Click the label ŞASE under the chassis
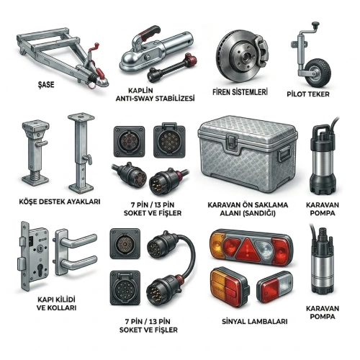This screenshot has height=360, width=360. tap(46, 84)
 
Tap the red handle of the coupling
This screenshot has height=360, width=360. tap(150, 31)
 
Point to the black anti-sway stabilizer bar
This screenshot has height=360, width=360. tap(172, 66)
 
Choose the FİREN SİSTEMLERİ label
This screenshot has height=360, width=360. tap(240, 92)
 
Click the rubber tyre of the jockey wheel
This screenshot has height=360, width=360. tap(318, 73)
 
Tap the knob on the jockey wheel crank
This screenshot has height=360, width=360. tap(315, 24)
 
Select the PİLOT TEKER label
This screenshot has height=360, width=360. tap(308, 94)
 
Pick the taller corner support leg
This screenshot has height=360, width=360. tap(81, 153)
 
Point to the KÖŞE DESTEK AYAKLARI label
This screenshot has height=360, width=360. tap(60, 202)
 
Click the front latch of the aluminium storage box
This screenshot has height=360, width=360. tap(232, 142)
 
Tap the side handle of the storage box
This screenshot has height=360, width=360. tap(284, 156)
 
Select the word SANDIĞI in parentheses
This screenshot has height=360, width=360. tap(259, 213)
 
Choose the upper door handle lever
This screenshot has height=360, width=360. tap(78, 240)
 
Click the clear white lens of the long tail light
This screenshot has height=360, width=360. tap(265, 250)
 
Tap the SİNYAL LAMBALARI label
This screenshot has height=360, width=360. tap(255, 321)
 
